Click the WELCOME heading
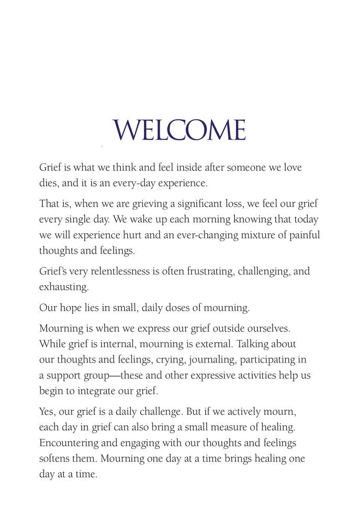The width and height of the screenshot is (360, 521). pyautogui.click(x=179, y=130)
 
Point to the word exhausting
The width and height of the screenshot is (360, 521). pyautogui.click(x=63, y=287)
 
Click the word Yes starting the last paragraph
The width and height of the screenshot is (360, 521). pyautogui.click(x=48, y=412)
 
